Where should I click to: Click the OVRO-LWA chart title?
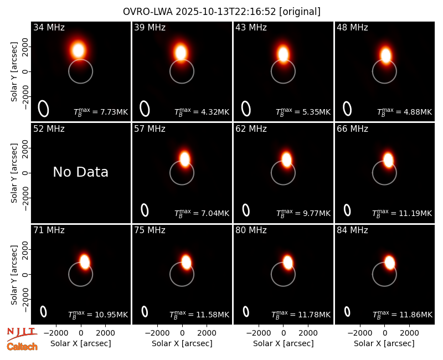(221, 12)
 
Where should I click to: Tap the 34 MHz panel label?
(49, 27)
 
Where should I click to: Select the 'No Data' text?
(80, 172)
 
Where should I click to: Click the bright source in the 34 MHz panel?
(78, 50)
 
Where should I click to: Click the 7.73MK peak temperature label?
(101, 112)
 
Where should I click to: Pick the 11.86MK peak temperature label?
(403, 315)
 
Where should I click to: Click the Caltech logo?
(22, 347)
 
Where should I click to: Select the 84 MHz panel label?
(352, 230)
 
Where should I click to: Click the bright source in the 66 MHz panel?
(388, 160)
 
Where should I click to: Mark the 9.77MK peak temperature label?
(303, 213)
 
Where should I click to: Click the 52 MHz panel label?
(49, 129)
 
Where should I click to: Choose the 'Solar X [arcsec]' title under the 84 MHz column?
(384, 343)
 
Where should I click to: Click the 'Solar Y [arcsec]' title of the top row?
(14, 72)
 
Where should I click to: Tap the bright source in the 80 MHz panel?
(287, 262)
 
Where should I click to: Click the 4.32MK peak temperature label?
(202, 112)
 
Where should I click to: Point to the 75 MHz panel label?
(150, 230)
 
